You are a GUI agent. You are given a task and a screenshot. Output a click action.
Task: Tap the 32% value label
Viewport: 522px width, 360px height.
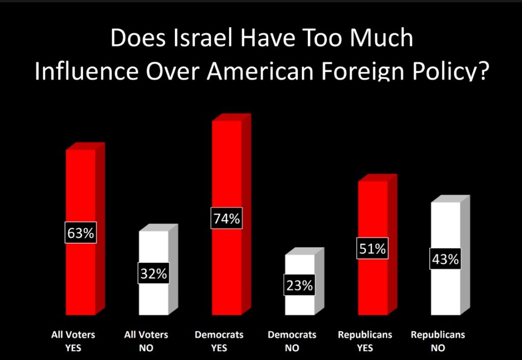point(153,273)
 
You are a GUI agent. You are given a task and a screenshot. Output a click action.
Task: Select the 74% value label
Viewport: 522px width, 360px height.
point(226,219)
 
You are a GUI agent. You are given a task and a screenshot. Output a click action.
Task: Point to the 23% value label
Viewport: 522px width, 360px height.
point(299,285)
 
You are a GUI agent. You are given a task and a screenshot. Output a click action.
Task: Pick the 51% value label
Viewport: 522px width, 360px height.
point(372,249)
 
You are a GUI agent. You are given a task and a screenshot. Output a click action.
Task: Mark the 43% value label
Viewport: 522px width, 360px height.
point(446,259)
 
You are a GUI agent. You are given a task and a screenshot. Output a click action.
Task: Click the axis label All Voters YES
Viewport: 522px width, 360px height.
point(73,342)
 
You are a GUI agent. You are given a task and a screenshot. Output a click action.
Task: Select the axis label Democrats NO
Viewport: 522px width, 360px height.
point(292,342)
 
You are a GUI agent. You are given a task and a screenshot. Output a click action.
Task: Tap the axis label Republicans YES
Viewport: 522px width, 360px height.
point(365,342)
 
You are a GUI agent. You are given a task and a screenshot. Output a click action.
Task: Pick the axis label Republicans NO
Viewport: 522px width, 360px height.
point(438,342)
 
